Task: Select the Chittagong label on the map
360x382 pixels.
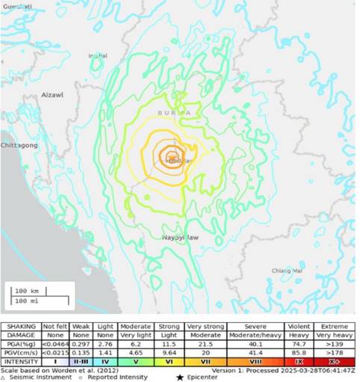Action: [19, 145]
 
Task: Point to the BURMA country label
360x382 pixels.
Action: [174, 112]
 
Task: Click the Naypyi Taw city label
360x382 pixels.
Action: [180, 237]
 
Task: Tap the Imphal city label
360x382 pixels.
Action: [98, 55]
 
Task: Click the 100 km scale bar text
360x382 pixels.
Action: [33, 290]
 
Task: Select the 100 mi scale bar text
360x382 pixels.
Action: [33, 301]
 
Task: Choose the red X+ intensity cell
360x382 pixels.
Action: [334, 362]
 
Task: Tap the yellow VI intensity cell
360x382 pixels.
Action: [169, 362]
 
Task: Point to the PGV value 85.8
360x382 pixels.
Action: [299, 353]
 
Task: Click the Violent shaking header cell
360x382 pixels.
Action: [299, 327]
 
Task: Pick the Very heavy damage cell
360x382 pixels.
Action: [334, 336]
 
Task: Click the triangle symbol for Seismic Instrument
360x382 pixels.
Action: [4, 378]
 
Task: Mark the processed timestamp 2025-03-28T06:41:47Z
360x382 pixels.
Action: [317, 369]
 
